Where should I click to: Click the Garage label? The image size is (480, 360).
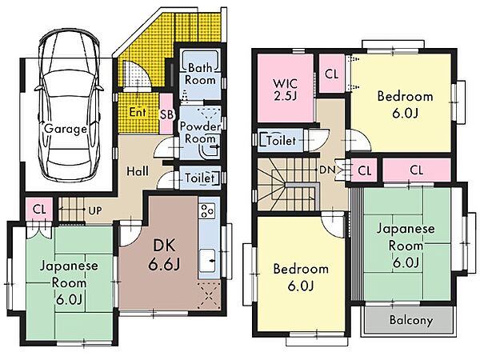66,129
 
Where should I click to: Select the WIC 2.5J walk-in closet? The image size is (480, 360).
286,88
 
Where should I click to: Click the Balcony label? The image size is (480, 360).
411,320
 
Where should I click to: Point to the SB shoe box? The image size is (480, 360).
166,114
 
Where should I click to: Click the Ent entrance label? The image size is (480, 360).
138,112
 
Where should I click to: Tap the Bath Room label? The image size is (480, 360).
200,74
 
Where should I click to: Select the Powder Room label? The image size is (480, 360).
200,132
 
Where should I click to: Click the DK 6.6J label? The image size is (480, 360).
164,255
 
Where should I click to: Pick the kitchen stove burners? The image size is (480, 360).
206,211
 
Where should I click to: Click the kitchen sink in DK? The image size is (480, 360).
207,261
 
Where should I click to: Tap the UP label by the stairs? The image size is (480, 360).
95,211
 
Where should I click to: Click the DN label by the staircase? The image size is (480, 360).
327,170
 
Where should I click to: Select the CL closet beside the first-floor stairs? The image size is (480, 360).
39,210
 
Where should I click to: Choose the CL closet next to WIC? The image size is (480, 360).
332,74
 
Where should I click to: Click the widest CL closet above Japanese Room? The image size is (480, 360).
417,170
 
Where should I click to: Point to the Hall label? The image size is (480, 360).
138,171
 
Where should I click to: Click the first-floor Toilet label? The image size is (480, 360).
199,178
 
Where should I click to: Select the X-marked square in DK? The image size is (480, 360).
209,295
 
